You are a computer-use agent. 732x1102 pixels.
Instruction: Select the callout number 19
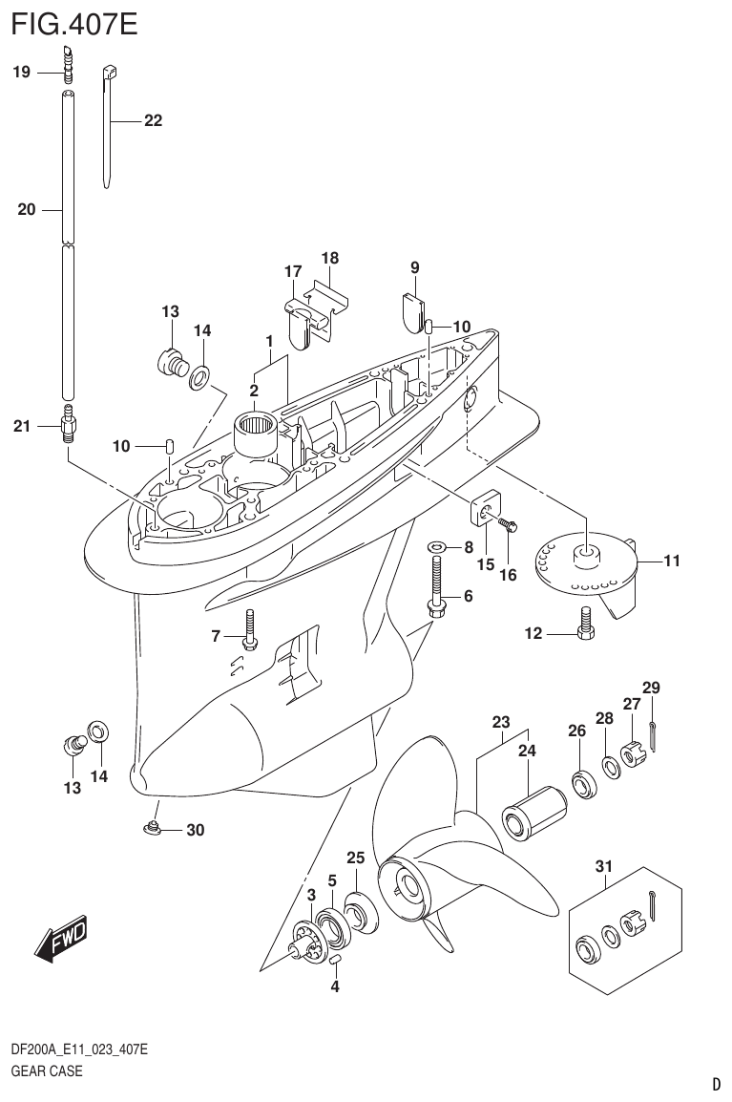tap(22, 71)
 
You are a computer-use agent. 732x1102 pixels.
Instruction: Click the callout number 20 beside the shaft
tap(26, 210)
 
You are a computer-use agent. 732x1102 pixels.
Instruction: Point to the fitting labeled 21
tap(68, 425)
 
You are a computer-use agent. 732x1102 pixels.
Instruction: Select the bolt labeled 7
tap(248, 630)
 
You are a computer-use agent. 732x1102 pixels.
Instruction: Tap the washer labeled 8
tap(437, 547)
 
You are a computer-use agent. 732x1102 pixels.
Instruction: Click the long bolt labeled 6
tap(436, 587)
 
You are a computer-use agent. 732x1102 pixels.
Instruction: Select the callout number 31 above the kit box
tap(603, 866)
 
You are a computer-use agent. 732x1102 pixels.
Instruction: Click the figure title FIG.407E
tap(74, 23)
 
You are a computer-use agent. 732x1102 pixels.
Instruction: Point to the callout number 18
tap(330, 258)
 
